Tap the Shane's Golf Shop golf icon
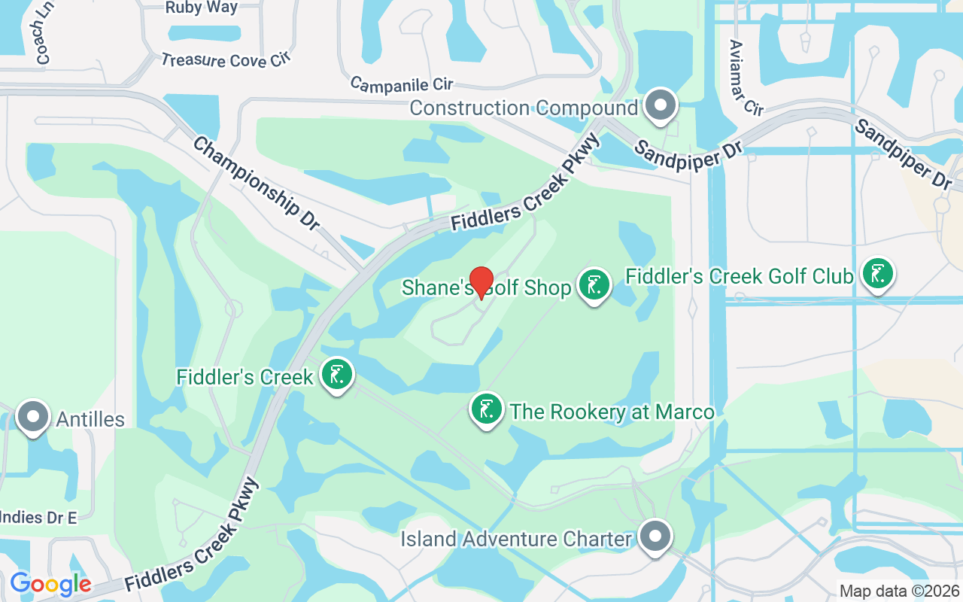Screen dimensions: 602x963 (x=594, y=285)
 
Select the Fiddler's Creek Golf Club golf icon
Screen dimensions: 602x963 (x=876, y=273)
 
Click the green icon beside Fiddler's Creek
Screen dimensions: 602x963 (x=337, y=374)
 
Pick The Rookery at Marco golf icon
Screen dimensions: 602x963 (x=486, y=409)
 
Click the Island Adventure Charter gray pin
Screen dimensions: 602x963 (x=655, y=537)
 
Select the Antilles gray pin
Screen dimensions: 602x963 (x=32, y=417)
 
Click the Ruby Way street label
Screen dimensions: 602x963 (x=201, y=8)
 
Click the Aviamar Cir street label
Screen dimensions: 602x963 (x=746, y=78)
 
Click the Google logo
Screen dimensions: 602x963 (x=50, y=583)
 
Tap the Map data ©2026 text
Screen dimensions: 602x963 (x=898, y=591)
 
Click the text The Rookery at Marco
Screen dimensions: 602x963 (x=612, y=412)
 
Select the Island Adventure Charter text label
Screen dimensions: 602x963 (x=516, y=539)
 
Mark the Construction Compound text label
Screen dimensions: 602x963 (x=524, y=108)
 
